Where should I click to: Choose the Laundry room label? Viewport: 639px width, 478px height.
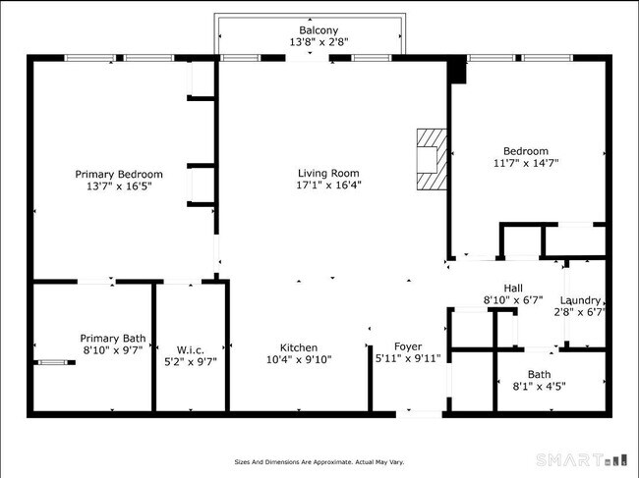pos(580,300)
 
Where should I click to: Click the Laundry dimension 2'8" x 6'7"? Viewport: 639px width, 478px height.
pos(580,312)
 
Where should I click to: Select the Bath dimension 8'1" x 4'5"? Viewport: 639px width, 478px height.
pos(539,386)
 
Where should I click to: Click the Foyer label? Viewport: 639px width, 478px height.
pos(408,346)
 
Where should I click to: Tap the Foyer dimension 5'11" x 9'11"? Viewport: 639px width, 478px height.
pos(408,359)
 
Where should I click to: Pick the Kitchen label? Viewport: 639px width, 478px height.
pos(298,347)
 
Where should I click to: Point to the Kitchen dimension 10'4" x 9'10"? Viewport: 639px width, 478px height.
pos(298,359)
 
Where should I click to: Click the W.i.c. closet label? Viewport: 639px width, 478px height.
pos(190,349)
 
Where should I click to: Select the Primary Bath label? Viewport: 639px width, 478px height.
pos(111,337)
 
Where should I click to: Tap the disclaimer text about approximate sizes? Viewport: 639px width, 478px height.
pos(319,461)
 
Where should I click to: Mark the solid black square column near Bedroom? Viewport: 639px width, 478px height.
pos(455,73)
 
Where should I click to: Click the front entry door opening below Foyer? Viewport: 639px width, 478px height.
pos(418,413)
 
